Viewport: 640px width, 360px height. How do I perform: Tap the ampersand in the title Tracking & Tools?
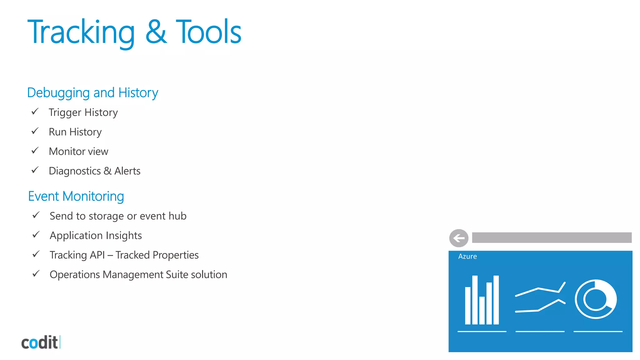click(x=156, y=32)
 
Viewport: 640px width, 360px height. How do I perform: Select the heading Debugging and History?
click(x=92, y=93)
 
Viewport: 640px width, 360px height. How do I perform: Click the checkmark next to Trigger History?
click(x=35, y=112)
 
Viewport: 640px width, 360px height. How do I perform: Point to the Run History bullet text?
click(x=75, y=132)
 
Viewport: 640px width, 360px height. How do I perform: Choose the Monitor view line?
click(x=78, y=152)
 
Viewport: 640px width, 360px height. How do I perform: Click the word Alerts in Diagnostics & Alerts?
click(x=127, y=171)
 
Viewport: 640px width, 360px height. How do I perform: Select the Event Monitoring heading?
click(x=76, y=196)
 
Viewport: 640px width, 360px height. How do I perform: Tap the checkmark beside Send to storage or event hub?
click(x=36, y=215)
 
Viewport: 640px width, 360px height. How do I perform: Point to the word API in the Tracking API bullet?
click(x=97, y=255)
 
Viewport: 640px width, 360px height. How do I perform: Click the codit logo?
click(x=40, y=342)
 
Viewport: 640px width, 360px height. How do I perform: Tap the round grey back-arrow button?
click(x=459, y=238)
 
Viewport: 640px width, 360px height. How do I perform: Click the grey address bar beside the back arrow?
click(x=552, y=237)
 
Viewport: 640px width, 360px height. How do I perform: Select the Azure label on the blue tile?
click(x=467, y=257)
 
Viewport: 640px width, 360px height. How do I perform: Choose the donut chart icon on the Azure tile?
click(x=596, y=299)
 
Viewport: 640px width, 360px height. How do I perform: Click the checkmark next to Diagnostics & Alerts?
click(x=35, y=170)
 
